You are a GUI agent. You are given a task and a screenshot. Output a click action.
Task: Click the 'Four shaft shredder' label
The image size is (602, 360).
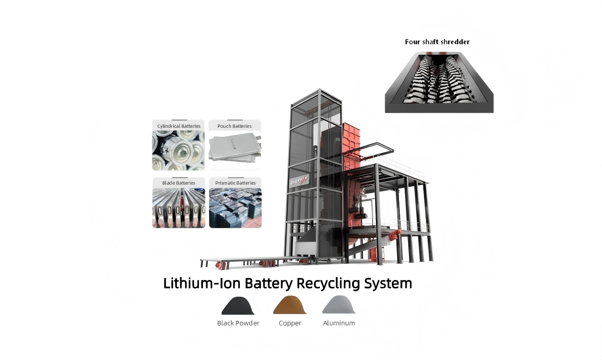[437, 42]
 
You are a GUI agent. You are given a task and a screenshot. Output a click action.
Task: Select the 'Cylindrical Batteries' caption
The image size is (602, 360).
[179, 126]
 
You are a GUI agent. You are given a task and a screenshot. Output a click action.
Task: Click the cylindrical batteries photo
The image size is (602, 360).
[178, 151]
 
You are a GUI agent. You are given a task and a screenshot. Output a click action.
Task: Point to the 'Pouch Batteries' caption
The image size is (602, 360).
[234, 126]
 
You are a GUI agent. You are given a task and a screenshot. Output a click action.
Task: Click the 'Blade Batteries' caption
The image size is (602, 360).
[179, 183]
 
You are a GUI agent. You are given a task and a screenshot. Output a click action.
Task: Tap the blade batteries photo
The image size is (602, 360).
[179, 208]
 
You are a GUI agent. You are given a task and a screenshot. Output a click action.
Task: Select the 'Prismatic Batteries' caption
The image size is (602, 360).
[235, 183]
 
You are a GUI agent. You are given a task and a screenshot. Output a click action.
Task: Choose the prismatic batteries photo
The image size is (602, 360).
[235, 208]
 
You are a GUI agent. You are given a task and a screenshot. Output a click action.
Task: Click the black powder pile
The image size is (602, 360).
[238, 306]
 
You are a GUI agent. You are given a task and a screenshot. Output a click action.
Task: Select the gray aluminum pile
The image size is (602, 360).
[339, 305]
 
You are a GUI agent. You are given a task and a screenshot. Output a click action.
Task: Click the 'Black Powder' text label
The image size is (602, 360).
[238, 323]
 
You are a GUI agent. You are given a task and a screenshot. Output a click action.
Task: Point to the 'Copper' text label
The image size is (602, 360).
[290, 323]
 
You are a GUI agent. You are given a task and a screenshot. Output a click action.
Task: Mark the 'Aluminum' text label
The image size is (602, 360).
[339, 323]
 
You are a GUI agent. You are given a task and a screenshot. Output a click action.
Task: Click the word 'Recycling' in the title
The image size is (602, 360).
[328, 283]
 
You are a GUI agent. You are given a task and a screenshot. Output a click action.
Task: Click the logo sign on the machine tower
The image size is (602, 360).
[299, 181]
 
